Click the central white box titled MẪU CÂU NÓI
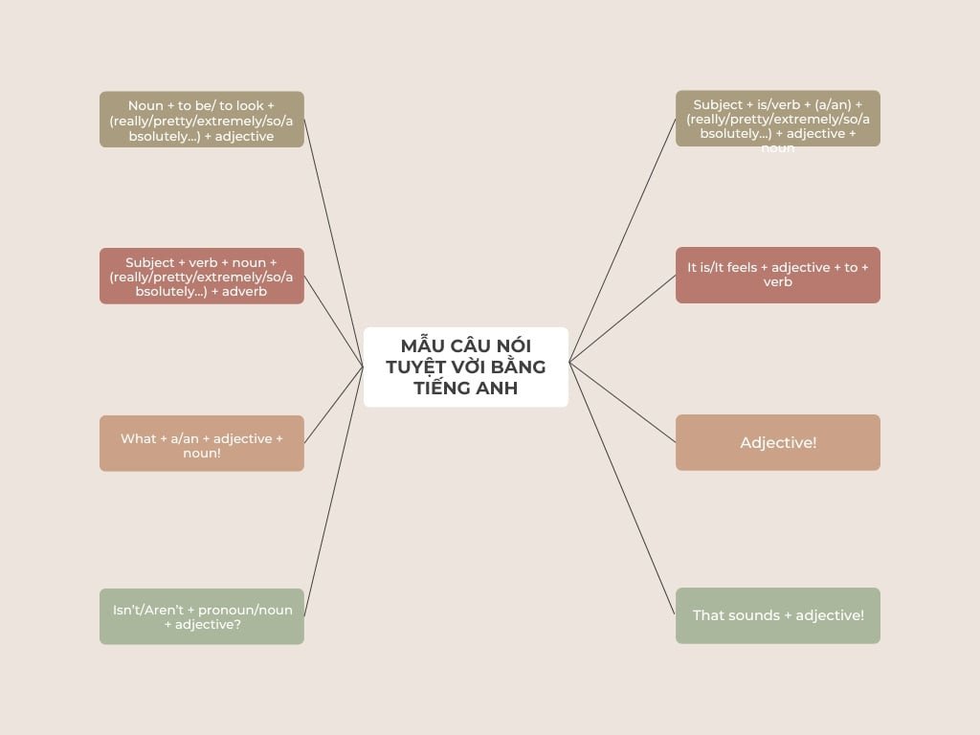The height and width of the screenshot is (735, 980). (x=466, y=367)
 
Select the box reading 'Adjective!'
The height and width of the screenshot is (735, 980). (x=777, y=442)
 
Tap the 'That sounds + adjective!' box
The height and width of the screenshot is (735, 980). (x=777, y=615)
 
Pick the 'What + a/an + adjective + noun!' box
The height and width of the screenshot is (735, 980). (x=202, y=443)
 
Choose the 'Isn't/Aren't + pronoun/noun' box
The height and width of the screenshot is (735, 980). (x=202, y=616)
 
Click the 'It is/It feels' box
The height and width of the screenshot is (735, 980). (x=777, y=275)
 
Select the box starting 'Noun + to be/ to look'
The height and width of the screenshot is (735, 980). (x=202, y=120)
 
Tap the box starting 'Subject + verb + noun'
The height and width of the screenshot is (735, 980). (x=202, y=277)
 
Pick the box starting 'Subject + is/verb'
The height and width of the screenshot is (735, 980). (x=777, y=119)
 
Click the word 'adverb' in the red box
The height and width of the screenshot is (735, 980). (x=244, y=292)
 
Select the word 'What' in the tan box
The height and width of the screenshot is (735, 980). (x=139, y=438)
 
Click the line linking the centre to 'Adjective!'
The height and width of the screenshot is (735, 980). (x=622, y=403)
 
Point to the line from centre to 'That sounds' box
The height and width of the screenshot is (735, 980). (x=622, y=489)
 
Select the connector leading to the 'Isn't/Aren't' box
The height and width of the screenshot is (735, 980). (x=334, y=491)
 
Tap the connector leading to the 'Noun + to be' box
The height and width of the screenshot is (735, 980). (x=334, y=243)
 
